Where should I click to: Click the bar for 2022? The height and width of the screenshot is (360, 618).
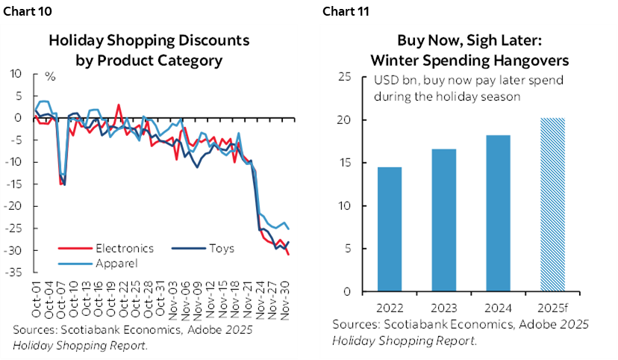pyautogui.click(x=389, y=229)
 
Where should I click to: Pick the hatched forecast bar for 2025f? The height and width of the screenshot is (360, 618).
pyautogui.click(x=553, y=205)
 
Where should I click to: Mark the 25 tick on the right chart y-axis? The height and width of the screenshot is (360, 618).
pyautogui.click(x=346, y=76)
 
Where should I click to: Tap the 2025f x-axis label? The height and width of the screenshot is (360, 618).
pyautogui.click(x=553, y=307)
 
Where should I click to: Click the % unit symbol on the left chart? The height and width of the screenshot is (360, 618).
pyautogui.click(x=51, y=75)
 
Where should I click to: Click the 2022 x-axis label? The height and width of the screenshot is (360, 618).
pyautogui.click(x=389, y=307)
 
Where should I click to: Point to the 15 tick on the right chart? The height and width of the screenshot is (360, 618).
pyautogui.click(x=346, y=163)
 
